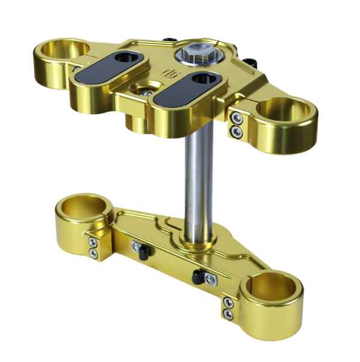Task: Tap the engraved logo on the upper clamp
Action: [167, 74]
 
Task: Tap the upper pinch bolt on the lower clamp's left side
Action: [92, 243]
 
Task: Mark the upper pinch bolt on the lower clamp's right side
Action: [229, 302]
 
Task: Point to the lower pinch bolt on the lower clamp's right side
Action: [229, 314]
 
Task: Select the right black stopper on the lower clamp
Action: [198, 277]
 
